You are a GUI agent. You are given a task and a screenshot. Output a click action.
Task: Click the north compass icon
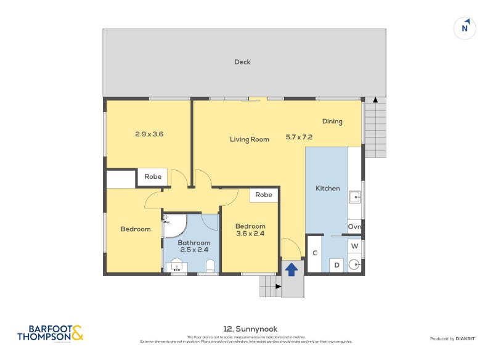point(466,28)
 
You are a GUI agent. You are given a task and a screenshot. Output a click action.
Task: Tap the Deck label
point(242,62)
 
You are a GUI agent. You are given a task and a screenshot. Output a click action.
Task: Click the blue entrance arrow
point(291,269)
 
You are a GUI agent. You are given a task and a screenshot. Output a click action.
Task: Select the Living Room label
point(250,139)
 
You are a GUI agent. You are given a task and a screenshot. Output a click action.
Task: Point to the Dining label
point(332,121)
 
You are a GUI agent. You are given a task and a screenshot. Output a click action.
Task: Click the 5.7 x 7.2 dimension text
point(299,137)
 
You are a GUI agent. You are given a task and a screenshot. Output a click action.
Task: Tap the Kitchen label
point(328,188)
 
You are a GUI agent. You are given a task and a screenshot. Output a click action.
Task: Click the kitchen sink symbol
point(354,197)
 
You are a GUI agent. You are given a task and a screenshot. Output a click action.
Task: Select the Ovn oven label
point(354,227)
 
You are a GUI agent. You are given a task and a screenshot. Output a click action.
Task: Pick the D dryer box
point(336,265)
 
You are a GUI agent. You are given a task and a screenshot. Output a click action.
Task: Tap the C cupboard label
point(315,253)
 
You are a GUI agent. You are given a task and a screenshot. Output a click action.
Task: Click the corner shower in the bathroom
point(173,225)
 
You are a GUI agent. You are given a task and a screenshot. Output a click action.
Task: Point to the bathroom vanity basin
point(176,266)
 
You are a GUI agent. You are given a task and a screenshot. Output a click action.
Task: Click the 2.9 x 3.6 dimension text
point(149,134)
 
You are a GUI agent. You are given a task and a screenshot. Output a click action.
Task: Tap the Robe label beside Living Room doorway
point(153,177)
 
